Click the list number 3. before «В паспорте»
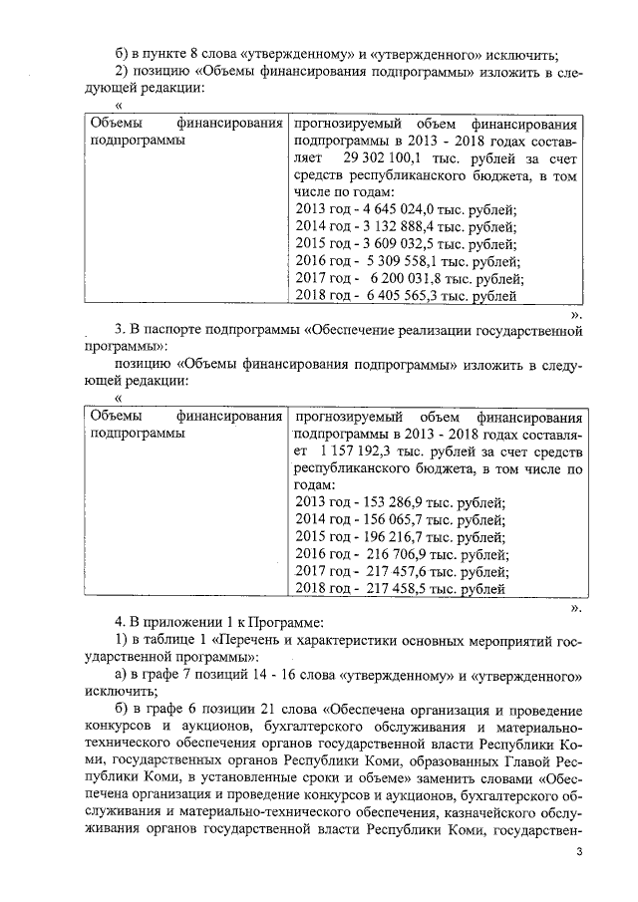(x=123, y=329)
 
